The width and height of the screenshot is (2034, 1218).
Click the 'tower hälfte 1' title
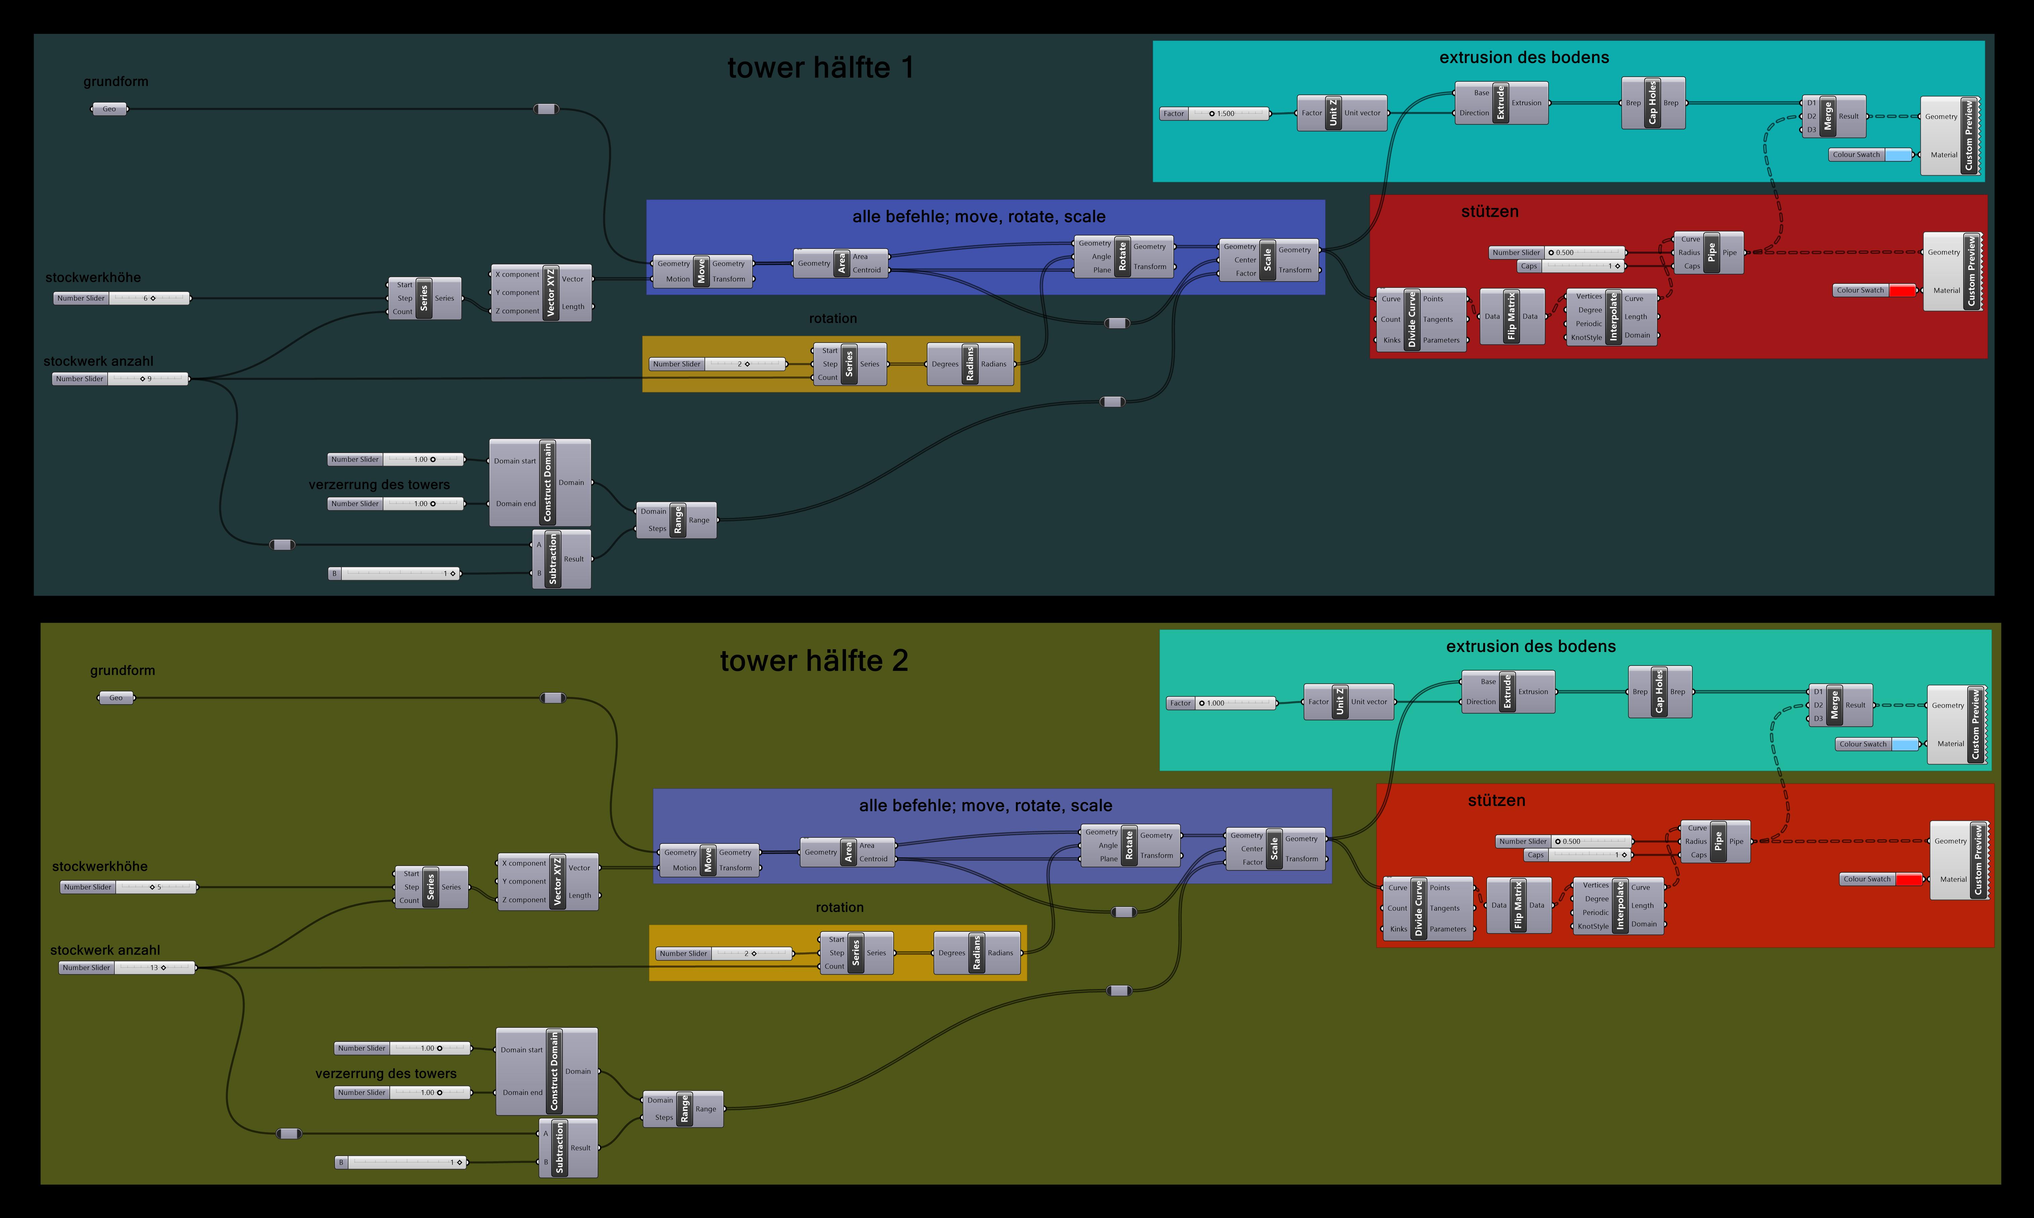[x=820, y=67]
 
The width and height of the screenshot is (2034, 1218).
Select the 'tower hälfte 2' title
[x=814, y=661]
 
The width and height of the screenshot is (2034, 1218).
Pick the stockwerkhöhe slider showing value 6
[x=122, y=298]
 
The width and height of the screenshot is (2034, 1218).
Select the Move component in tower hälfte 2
[x=708, y=860]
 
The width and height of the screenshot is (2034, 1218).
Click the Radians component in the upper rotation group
[x=970, y=364]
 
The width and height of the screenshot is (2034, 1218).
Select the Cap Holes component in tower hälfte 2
[x=1659, y=692]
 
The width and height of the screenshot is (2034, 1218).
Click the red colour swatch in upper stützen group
[x=1902, y=290]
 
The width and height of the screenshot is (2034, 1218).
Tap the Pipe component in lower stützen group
[x=1718, y=841]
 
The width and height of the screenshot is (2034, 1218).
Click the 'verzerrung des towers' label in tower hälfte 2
[x=385, y=1074]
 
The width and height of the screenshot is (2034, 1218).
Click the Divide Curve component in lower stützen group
[x=1419, y=908]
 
